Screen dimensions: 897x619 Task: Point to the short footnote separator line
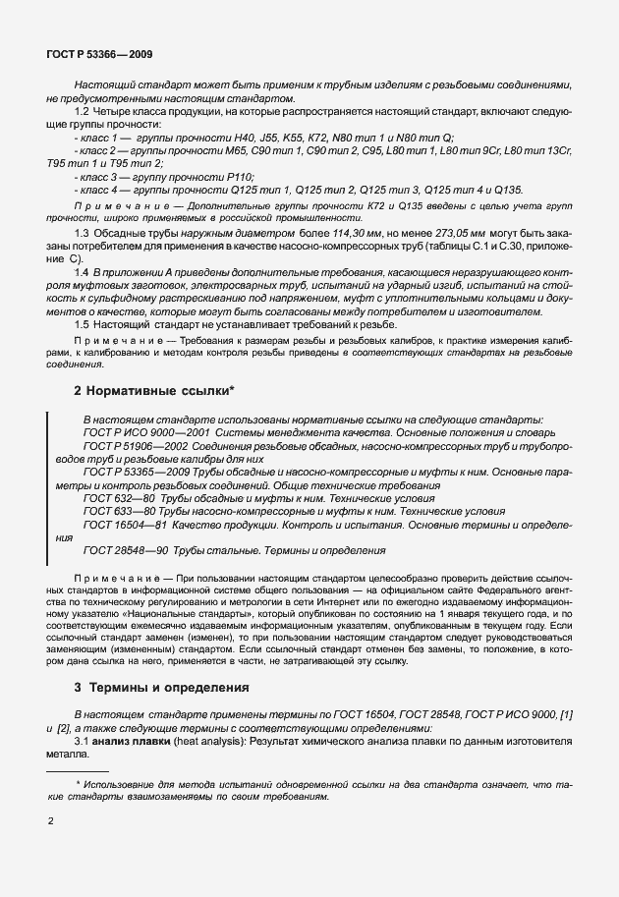(78, 772)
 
